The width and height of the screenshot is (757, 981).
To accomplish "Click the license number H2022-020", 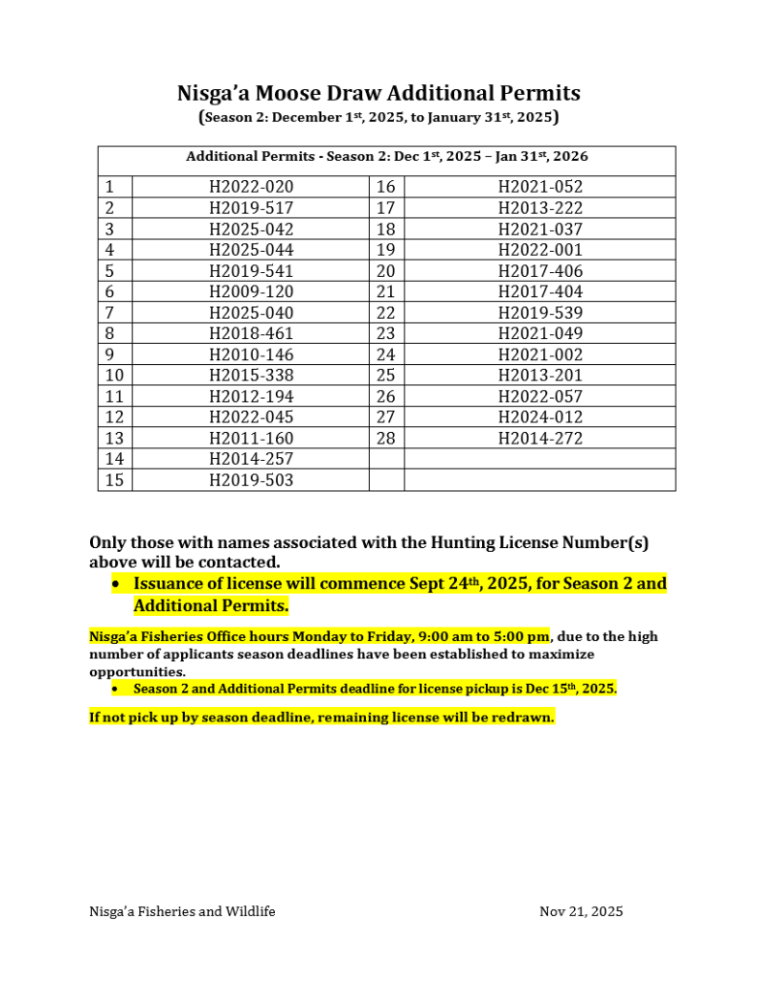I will click(x=251, y=187).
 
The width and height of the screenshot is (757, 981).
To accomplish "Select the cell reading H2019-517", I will click(x=251, y=208).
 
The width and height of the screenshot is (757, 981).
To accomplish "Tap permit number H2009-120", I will click(x=251, y=291).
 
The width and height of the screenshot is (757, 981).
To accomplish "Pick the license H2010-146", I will click(x=251, y=354).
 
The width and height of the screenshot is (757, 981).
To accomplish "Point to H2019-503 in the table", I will click(x=251, y=480).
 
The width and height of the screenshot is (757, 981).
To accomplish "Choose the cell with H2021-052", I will click(x=540, y=187).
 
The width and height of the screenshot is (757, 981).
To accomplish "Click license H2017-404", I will click(x=540, y=291).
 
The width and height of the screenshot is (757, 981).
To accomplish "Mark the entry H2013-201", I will click(x=540, y=376).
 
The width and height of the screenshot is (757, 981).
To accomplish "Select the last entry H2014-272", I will click(x=540, y=439).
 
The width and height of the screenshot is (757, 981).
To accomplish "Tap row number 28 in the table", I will click(x=385, y=439).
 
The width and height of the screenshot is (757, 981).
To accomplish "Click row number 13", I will click(x=114, y=439).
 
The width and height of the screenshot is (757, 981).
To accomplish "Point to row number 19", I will click(x=385, y=250).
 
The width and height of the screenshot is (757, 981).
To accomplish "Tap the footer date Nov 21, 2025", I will click(x=581, y=911).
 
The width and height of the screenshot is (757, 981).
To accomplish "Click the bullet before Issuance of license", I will click(x=116, y=583).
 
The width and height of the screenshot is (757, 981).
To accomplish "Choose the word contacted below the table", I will click(x=240, y=561).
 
